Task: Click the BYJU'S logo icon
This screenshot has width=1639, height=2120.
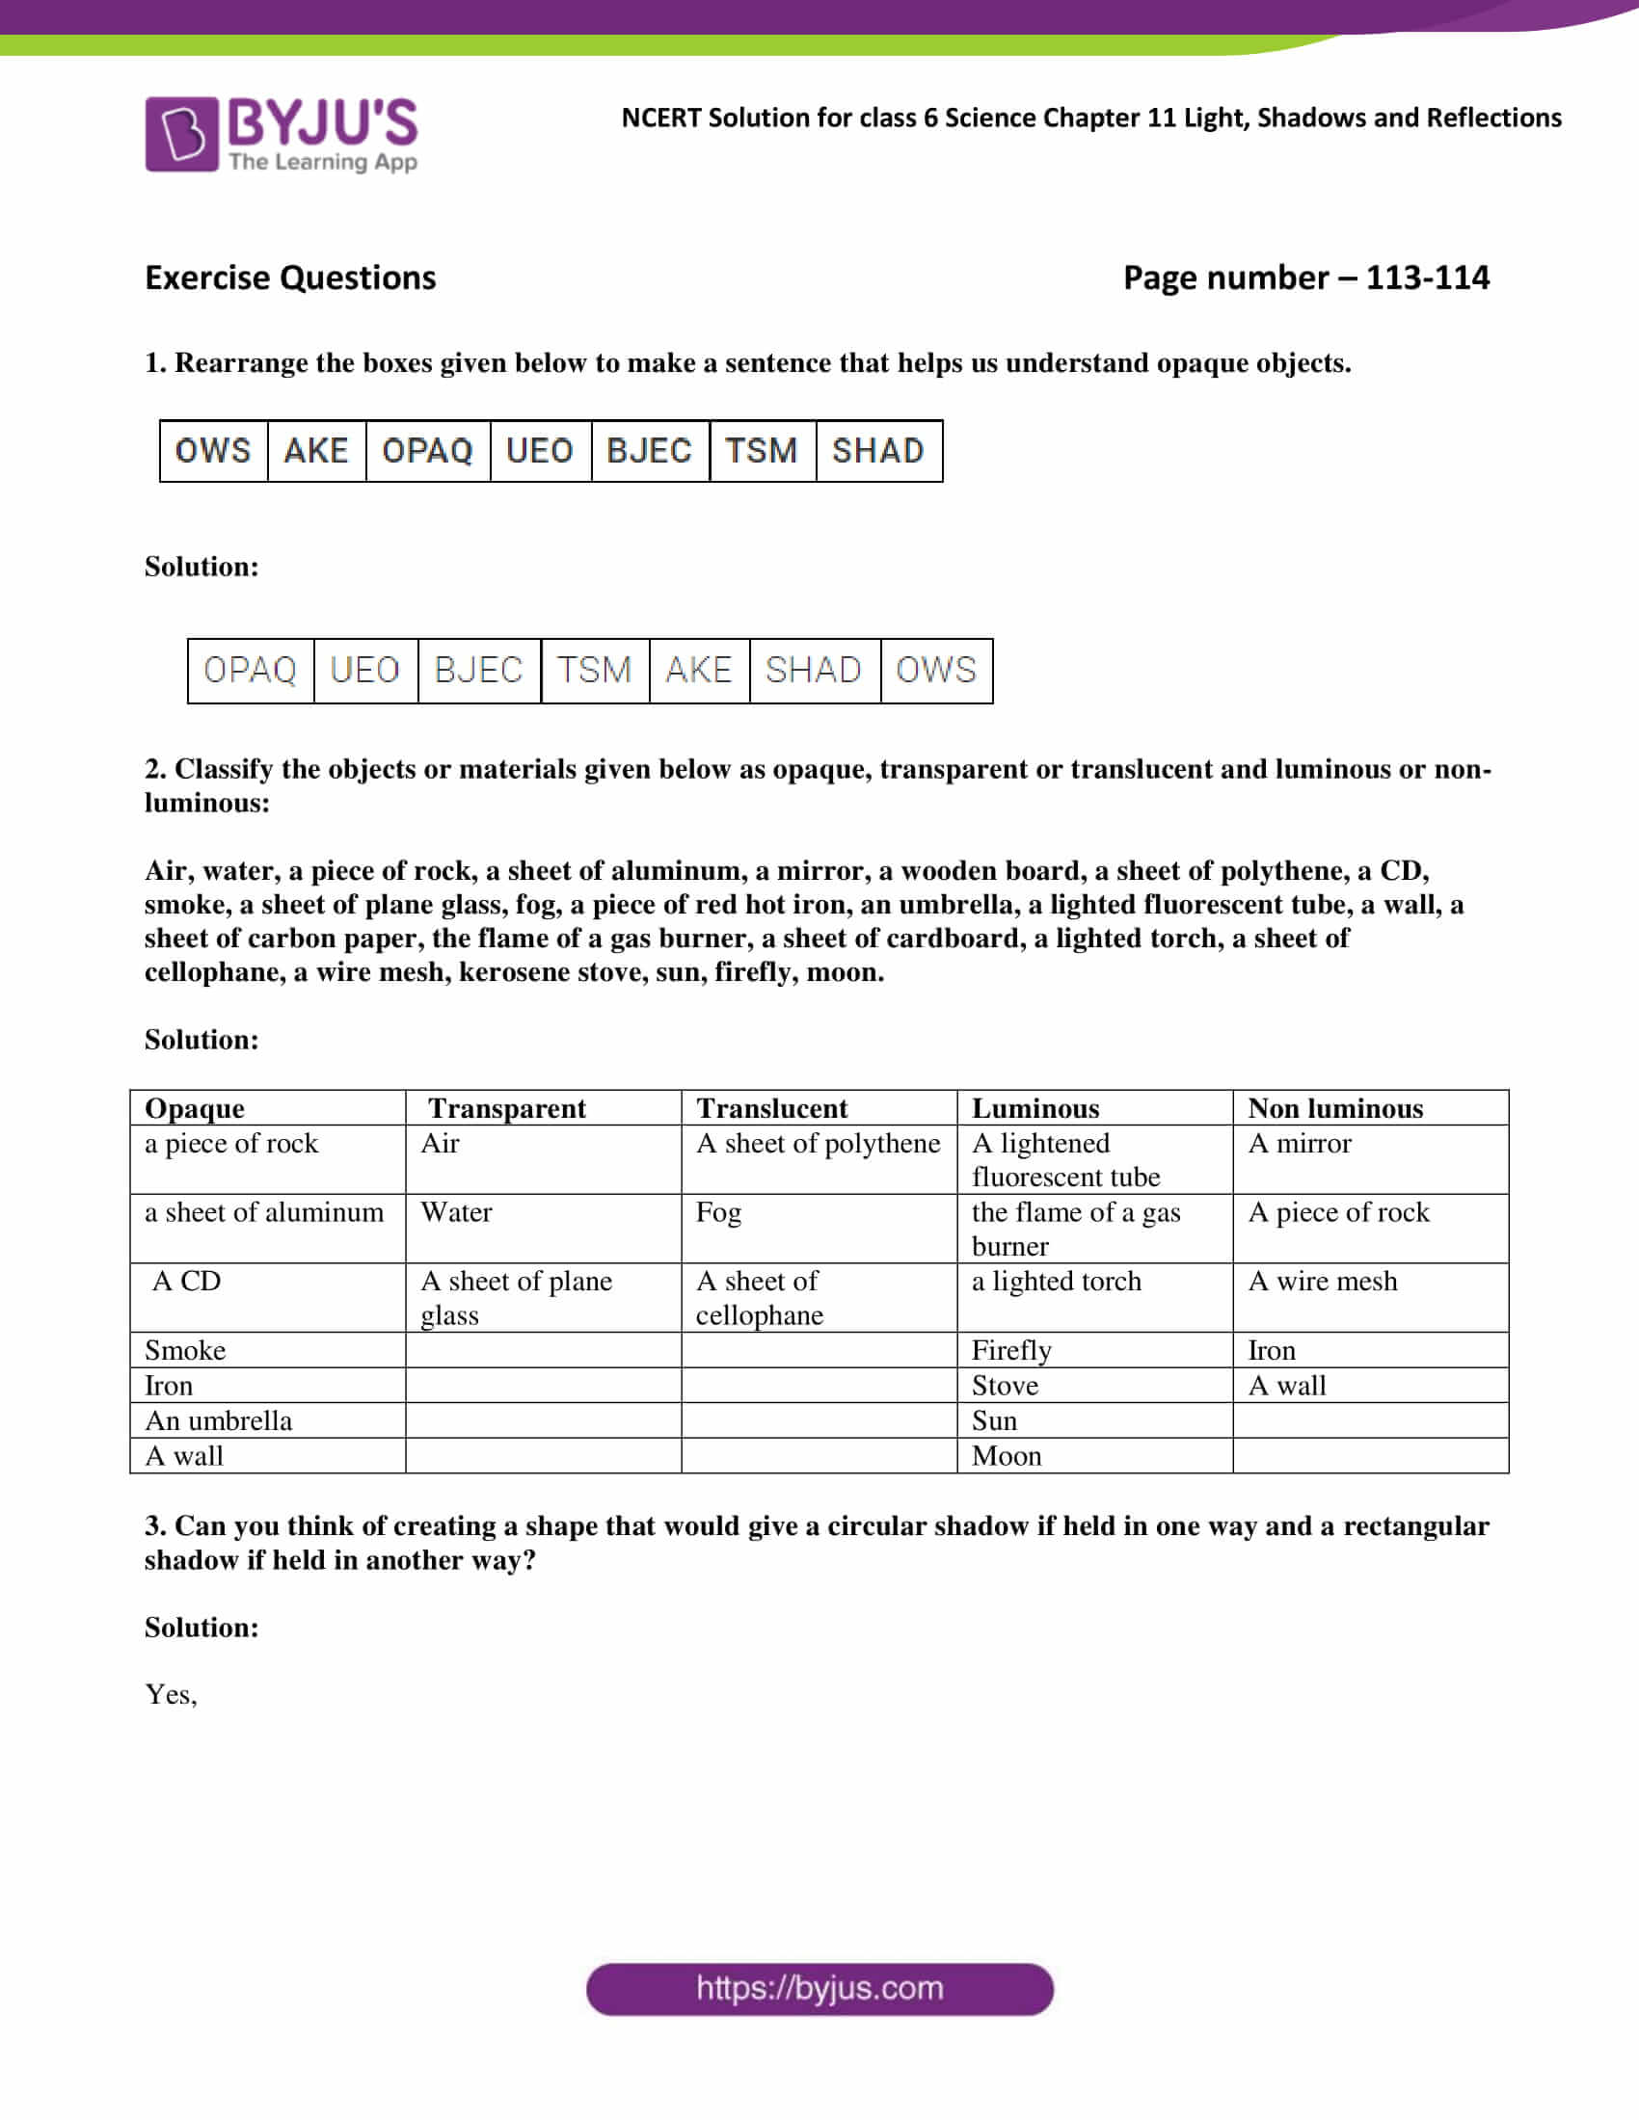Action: point(181,134)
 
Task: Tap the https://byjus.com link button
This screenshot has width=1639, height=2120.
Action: point(819,1989)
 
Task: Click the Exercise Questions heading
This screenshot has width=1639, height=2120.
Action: point(290,278)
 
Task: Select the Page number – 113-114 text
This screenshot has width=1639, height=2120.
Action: point(1305,278)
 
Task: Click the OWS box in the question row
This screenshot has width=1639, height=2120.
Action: point(213,450)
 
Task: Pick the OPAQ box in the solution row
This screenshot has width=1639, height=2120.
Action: point(250,670)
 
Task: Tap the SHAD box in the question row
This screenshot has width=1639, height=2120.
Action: point(877,450)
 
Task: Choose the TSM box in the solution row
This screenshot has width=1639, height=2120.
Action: point(593,670)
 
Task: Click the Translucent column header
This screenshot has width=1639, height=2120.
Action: point(772,1107)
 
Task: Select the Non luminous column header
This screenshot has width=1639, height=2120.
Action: point(1335,1107)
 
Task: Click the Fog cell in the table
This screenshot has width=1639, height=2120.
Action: point(718,1212)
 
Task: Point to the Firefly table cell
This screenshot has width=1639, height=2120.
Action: point(1011,1350)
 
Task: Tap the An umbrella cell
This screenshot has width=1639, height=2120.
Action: point(219,1420)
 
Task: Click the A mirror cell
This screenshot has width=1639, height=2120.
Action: point(1300,1144)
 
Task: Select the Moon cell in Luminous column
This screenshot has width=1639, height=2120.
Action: point(1007,1455)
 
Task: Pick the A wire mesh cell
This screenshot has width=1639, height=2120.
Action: point(1323,1282)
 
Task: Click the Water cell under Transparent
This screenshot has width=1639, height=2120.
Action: point(456,1212)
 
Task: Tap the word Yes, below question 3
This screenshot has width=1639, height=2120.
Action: point(171,1694)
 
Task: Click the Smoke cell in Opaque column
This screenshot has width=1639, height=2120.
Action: point(184,1350)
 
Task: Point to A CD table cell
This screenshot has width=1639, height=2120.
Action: point(186,1282)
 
